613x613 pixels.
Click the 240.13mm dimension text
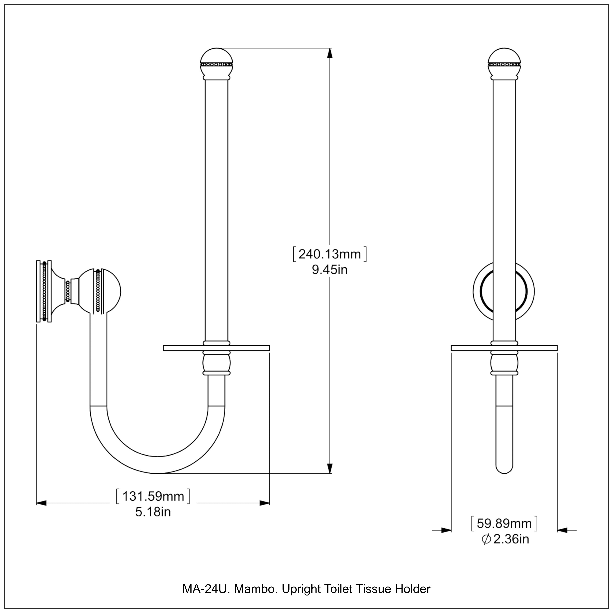click(330, 254)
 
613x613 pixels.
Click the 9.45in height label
click(330, 270)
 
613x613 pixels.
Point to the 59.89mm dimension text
click(504, 524)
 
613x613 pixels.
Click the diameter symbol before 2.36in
click(486, 539)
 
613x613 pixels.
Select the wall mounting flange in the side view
click(44, 291)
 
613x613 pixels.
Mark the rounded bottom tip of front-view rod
click(504, 470)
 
